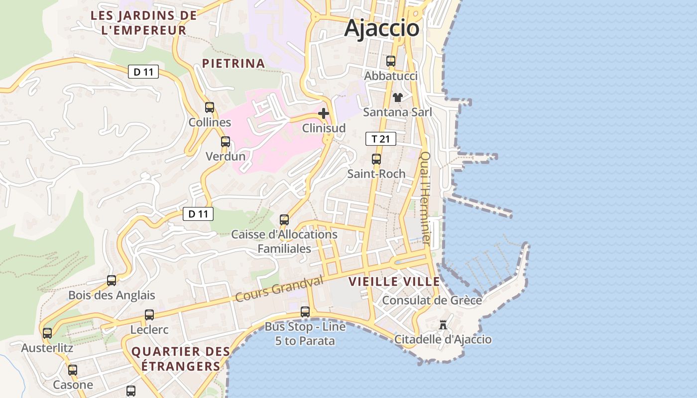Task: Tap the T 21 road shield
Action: [x=381, y=139]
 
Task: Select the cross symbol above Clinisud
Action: [x=324, y=113]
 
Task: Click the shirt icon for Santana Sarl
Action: [x=397, y=98]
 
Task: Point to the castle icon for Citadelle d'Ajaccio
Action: [x=443, y=325]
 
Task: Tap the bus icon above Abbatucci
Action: [x=391, y=61]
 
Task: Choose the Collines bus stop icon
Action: [x=210, y=107]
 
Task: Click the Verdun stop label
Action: [x=226, y=156]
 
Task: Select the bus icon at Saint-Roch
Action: [x=376, y=159]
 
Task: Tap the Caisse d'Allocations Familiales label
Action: [x=284, y=241]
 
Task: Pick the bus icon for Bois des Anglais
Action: [x=112, y=280]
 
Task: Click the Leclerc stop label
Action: [x=149, y=330]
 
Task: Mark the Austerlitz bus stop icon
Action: [x=47, y=333]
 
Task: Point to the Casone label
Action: [x=73, y=385]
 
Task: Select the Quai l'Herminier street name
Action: [x=425, y=198]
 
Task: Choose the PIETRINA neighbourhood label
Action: [x=233, y=63]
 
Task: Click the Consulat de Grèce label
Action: [x=432, y=300]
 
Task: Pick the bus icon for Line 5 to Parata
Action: [x=305, y=312]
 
